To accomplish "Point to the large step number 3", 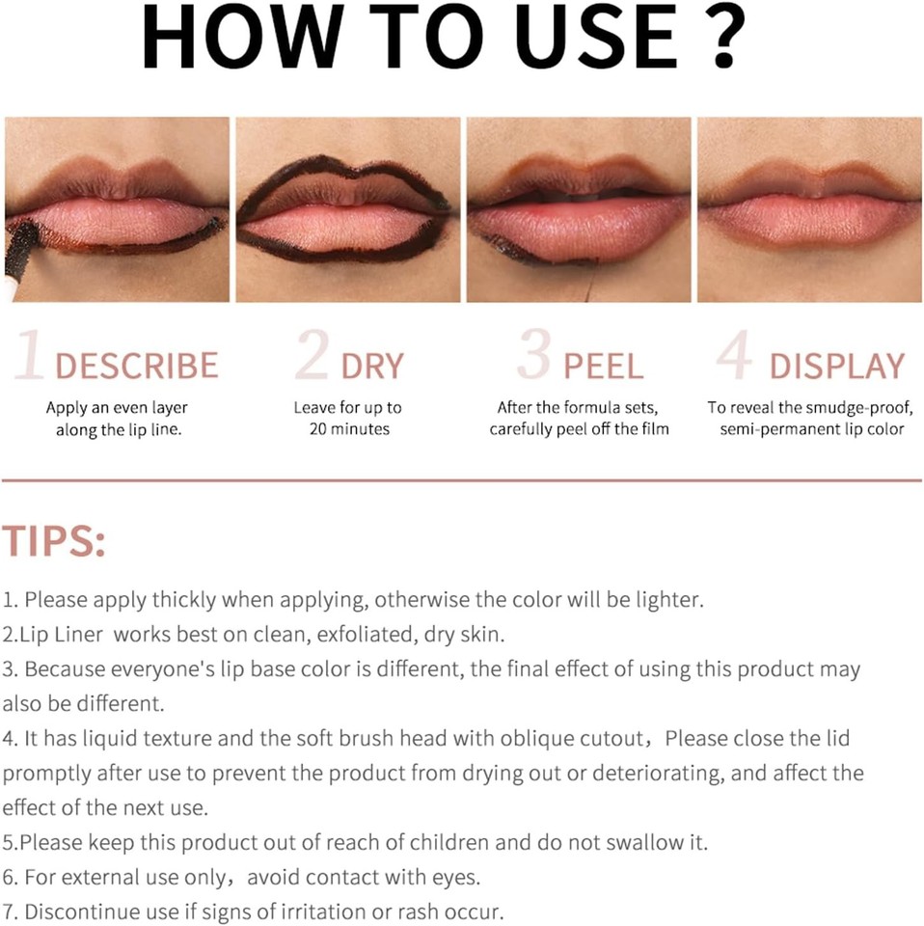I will [533, 357].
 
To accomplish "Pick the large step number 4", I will [735, 358].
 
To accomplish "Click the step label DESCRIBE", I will [136, 366].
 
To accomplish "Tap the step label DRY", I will [371, 366].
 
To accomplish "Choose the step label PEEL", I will [603, 366].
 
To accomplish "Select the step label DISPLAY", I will [836, 366].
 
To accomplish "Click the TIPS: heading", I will [53, 542].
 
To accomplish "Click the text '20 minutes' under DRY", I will [349, 429].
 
